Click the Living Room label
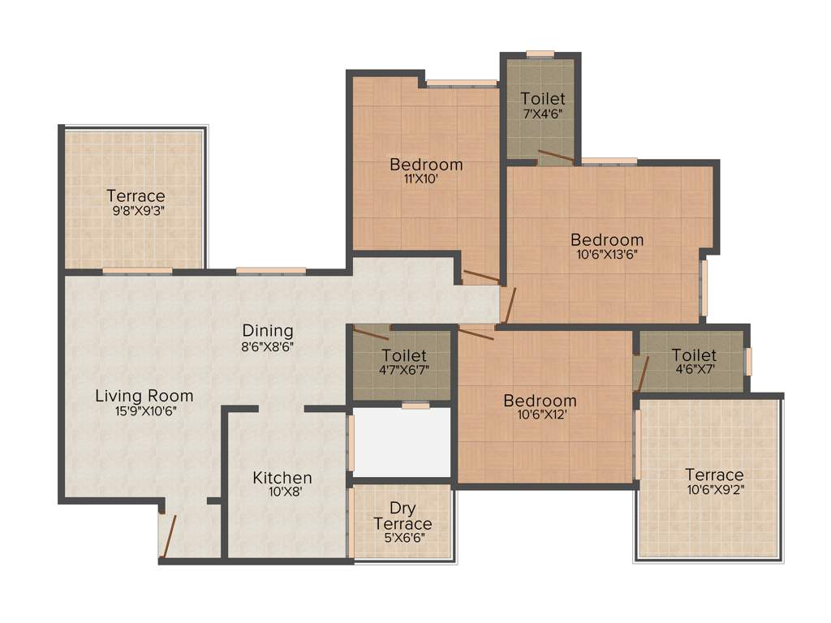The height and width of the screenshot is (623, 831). (144, 396)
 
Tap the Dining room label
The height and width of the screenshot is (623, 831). (268, 331)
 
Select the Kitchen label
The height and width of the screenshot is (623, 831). (282, 477)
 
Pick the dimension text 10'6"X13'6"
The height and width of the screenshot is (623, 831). (607, 255)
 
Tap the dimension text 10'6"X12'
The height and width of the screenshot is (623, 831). (540, 415)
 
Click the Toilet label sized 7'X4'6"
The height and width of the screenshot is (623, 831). (543, 99)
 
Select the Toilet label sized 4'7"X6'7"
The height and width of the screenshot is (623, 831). (403, 355)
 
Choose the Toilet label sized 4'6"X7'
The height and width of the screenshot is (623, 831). (694, 355)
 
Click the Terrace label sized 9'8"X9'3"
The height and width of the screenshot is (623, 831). (136, 195)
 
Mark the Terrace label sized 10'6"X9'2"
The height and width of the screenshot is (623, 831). (714, 475)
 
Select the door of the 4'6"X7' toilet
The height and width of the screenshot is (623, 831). (643, 372)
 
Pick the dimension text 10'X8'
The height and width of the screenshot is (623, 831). (282, 492)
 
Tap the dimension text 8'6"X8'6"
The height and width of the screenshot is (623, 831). (268, 346)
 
